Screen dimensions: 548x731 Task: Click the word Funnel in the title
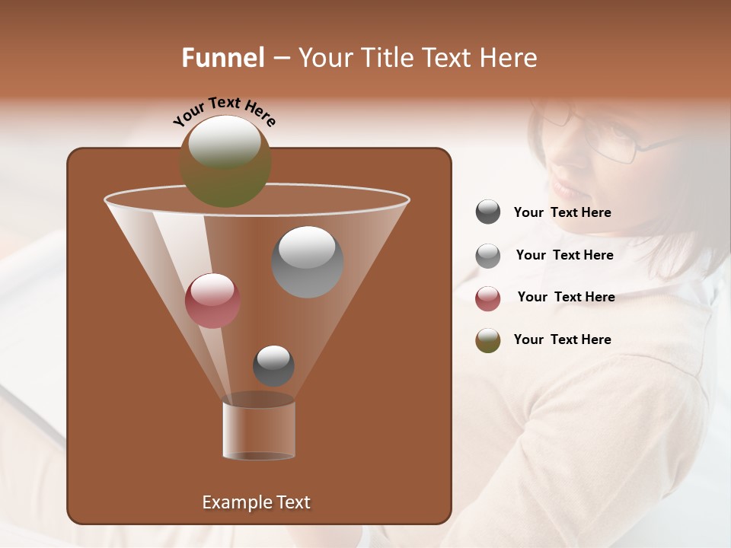[x=222, y=58]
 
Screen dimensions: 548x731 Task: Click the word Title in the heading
[x=385, y=58]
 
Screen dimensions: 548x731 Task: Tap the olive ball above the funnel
[x=225, y=161]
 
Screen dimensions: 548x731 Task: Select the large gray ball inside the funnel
[x=308, y=262]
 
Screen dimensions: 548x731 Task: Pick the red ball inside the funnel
[x=213, y=301]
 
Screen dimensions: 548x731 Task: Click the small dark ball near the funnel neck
[x=273, y=365]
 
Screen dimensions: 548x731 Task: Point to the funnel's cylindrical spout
[x=259, y=430]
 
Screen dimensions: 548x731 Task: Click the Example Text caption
[x=256, y=502]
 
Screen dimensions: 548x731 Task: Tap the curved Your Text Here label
[x=224, y=111]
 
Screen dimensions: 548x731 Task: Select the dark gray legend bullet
[x=488, y=212]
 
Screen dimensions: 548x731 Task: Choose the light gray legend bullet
[x=488, y=256]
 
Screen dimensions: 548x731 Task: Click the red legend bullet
[x=488, y=298]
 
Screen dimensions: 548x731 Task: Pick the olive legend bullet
[x=488, y=340]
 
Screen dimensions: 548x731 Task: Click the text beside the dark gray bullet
[x=562, y=212]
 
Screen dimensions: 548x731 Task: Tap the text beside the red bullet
[x=566, y=297]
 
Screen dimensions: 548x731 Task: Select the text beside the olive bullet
[x=562, y=339]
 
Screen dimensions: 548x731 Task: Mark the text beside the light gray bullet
[x=564, y=255]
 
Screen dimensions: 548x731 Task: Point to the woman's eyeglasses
[x=609, y=137]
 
